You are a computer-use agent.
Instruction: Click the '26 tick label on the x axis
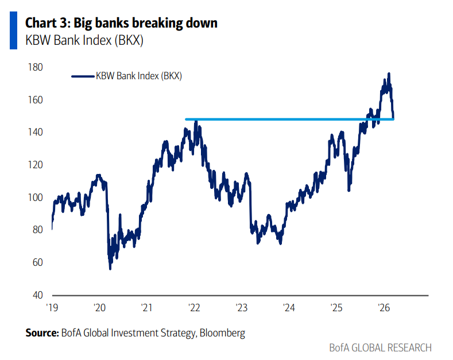tap(384, 308)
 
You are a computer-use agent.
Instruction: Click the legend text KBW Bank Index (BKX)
tap(139, 76)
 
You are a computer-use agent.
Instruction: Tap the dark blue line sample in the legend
tap(83, 76)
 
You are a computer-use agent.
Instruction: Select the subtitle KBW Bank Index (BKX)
tap(84, 41)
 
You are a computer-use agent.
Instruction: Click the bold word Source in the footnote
tap(42, 333)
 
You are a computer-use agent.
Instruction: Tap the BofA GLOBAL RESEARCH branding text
tap(380, 348)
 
